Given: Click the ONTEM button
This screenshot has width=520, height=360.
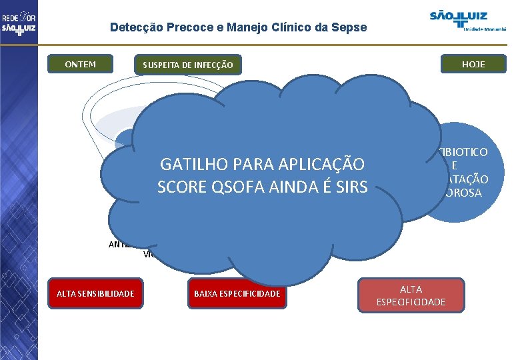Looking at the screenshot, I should click(80, 64).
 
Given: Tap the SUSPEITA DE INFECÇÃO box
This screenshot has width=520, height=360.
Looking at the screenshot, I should click(187, 65).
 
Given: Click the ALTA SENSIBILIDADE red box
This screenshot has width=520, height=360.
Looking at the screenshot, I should click(95, 293).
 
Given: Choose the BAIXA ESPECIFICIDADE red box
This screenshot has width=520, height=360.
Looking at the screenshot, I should click(237, 293).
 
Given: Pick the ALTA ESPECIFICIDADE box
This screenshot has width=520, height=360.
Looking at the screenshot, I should click(411, 295).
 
